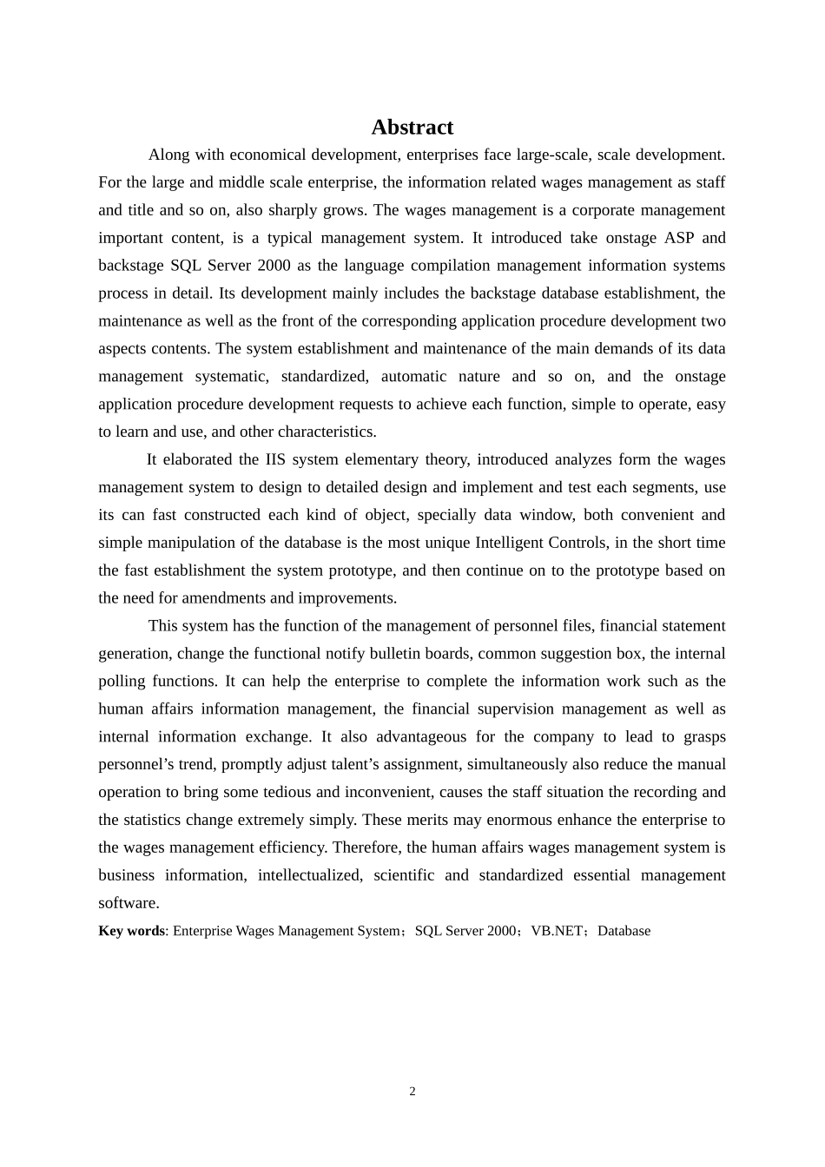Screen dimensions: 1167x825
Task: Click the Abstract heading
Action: click(412, 128)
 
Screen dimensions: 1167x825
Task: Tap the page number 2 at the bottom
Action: click(412, 1091)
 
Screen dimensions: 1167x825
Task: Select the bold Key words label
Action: click(131, 931)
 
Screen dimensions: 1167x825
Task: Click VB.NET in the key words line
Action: click(557, 931)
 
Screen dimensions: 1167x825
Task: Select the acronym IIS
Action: click(275, 459)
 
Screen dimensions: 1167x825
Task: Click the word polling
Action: click(122, 682)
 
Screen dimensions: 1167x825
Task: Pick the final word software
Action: click(128, 903)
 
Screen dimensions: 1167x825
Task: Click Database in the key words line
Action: click(624, 931)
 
